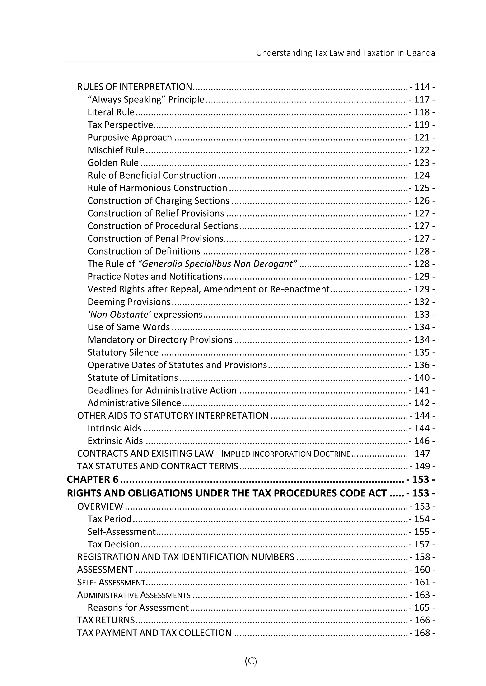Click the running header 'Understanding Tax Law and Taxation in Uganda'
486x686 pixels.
(345, 53)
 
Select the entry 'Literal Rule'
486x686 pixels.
(111, 112)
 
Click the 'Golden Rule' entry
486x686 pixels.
(113, 163)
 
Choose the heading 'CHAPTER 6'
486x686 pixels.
(93, 480)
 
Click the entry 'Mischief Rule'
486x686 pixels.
(116, 150)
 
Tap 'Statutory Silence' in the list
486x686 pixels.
(123, 352)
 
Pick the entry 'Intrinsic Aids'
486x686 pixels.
(114, 428)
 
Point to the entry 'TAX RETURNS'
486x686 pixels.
(106, 620)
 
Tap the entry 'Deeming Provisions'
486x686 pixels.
(129, 302)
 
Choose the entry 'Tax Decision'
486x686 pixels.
(114, 544)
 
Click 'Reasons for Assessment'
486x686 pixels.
(138, 608)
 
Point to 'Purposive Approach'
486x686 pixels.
(130, 138)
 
